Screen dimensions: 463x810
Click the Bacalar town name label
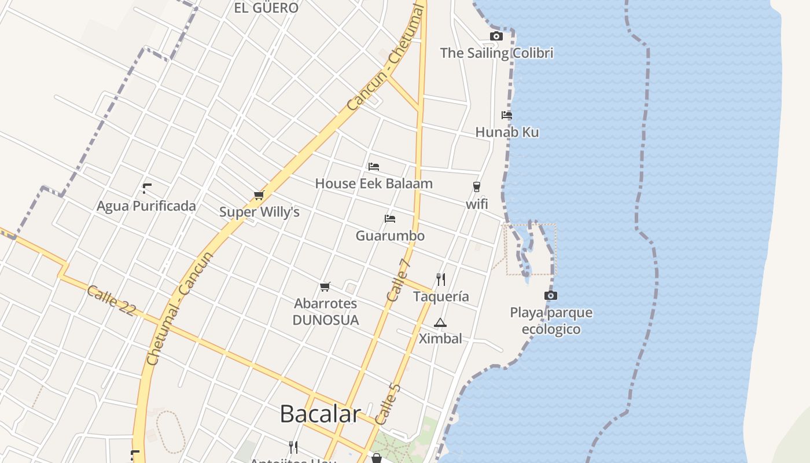tap(320, 414)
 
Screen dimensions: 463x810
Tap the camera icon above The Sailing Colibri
tap(496, 36)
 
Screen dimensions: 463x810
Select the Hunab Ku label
tap(507, 132)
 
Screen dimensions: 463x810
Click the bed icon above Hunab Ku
tap(507, 115)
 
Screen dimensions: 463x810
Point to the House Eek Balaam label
tap(374, 183)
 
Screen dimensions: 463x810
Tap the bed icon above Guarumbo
tap(390, 219)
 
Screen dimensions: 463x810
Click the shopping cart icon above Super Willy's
tap(259, 195)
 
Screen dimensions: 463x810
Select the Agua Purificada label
tap(146, 206)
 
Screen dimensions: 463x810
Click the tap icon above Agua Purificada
tap(146, 188)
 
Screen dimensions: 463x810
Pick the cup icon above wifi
tap(477, 186)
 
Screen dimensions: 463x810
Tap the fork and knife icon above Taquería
tap(441, 280)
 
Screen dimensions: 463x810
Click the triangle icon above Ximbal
tap(440, 322)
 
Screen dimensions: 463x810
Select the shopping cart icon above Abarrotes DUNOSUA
tap(325, 286)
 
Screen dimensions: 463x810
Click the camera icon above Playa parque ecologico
tap(551, 296)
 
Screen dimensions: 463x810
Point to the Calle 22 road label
tap(111, 300)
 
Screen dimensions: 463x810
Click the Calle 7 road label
tap(398, 280)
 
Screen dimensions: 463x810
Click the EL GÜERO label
tap(266, 8)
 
